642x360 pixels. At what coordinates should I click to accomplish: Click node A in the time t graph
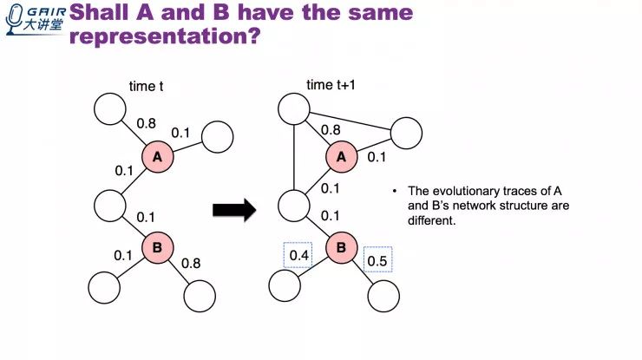point(157,157)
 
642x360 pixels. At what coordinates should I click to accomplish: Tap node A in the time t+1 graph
point(341,157)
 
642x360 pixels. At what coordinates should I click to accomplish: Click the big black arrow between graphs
point(234,209)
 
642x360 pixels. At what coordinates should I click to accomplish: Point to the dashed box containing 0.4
point(297,255)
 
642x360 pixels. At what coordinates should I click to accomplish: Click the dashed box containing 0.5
point(377,259)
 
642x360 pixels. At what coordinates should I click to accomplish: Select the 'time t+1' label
point(332,85)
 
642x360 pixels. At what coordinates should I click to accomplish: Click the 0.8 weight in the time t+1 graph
point(331,130)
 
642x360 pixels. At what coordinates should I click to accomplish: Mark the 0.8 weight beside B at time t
point(191,262)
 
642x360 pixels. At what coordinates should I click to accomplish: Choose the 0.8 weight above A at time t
point(147,124)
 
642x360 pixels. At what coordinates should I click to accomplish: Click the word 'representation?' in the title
point(164,38)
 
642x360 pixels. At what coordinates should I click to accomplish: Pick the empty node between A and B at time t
point(112,207)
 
